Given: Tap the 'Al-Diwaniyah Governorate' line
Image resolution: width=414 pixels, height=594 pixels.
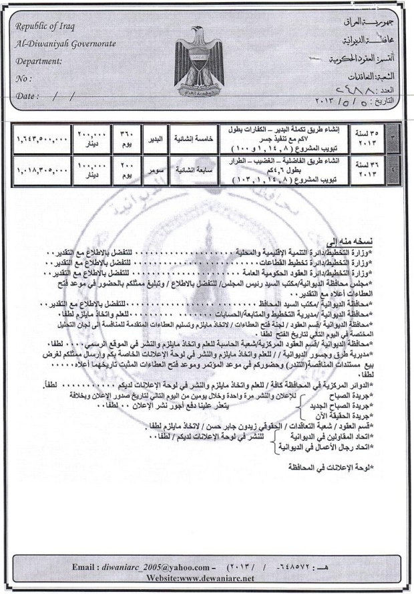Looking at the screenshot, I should click(x=64, y=43).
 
